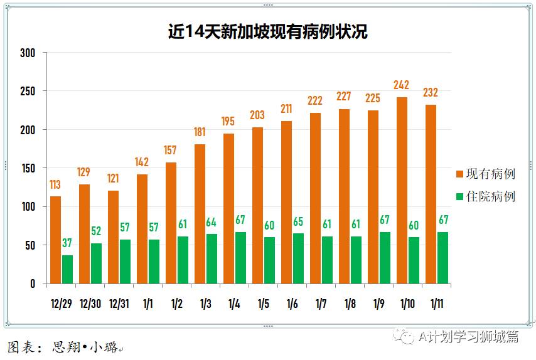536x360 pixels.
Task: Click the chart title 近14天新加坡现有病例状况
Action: click(x=268, y=31)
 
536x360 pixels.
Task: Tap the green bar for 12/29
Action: click(x=67, y=269)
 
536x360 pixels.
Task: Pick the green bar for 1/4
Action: click(x=240, y=258)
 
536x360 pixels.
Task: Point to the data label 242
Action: click(x=402, y=85)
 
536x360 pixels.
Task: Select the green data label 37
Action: click(x=67, y=243)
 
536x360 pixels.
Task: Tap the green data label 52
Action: click(x=96, y=231)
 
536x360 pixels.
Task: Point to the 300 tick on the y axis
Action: click(x=28, y=53)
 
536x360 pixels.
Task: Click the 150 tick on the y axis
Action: click(x=28, y=168)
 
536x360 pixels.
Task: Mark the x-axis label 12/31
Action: click(x=119, y=304)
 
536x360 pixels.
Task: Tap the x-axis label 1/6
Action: click(x=292, y=304)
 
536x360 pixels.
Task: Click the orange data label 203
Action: click(x=257, y=115)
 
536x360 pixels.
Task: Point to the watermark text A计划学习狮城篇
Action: click(x=468, y=337)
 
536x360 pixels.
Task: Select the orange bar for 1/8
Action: click(x=344, y=196)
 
